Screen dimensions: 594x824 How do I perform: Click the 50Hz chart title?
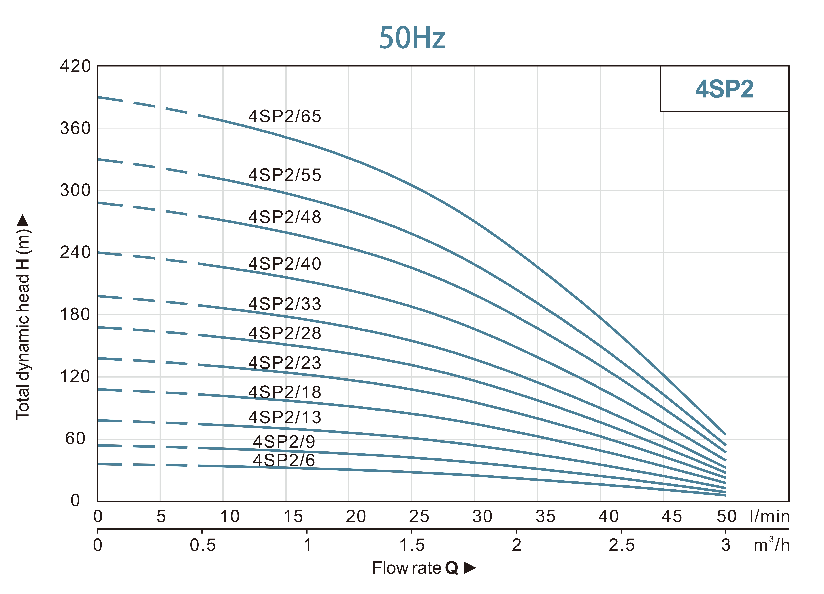(412, 38)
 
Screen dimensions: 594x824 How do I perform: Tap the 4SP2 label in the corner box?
(724, 89)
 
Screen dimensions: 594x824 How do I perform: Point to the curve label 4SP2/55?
(285, 175)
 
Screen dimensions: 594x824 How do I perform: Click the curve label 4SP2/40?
(285, 264)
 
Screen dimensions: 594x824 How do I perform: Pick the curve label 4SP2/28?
(285, 333)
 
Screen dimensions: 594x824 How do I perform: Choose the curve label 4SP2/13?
(285, 417)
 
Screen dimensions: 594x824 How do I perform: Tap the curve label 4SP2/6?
(284, 460)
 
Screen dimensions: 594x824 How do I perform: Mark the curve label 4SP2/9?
(284, 442)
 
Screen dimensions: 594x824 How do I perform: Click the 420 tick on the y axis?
(75, 67)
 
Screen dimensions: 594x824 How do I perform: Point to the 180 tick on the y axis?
(75, 314)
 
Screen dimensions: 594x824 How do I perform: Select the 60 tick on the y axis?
(75, 439)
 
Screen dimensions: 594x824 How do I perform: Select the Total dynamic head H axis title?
(23, 316)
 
